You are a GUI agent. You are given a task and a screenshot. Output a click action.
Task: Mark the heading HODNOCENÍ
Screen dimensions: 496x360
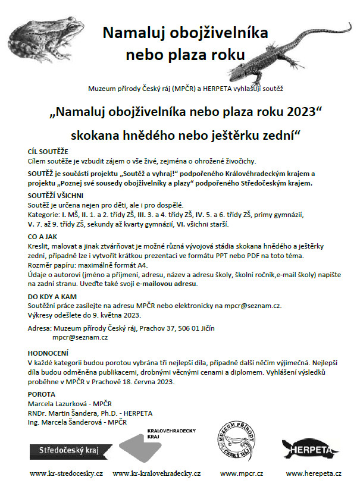click(x=47, y=351)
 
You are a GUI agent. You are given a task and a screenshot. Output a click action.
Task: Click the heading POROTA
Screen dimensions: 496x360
click(x=42, y=394)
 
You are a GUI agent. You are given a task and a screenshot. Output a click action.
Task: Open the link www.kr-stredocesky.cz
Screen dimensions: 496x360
click(x=67, y=473)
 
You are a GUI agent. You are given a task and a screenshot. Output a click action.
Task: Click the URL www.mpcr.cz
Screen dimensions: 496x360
click(x=239, y=473)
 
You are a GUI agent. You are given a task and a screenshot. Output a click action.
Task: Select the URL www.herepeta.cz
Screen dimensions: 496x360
click(x=313, y=473)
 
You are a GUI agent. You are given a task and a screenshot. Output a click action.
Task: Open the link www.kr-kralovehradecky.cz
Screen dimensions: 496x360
click(x=156, y=473)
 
